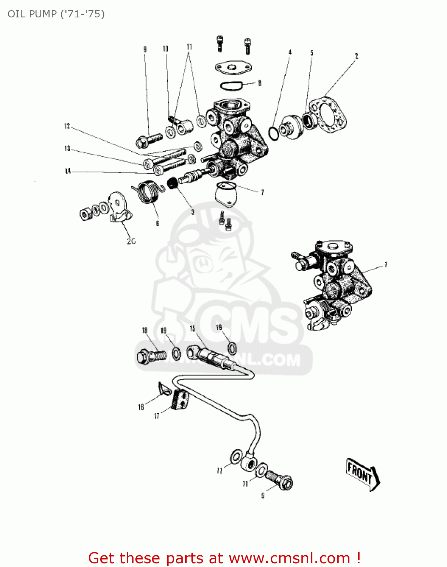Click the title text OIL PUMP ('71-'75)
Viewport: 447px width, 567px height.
pos(56,14)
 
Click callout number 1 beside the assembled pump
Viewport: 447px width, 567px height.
pos(386,265)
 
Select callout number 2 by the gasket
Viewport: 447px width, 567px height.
pos(356,56)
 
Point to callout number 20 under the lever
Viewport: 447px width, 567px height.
pos(131,241)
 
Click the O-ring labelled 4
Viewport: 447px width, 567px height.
pos(273,133)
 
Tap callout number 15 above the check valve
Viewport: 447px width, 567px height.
pos(192,328)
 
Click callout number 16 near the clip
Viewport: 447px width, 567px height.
pos(141,407)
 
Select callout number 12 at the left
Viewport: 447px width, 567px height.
pos(67,126)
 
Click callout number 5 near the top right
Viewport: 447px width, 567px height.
pos(312,53)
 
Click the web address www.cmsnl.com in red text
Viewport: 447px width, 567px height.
pos(289,558)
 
